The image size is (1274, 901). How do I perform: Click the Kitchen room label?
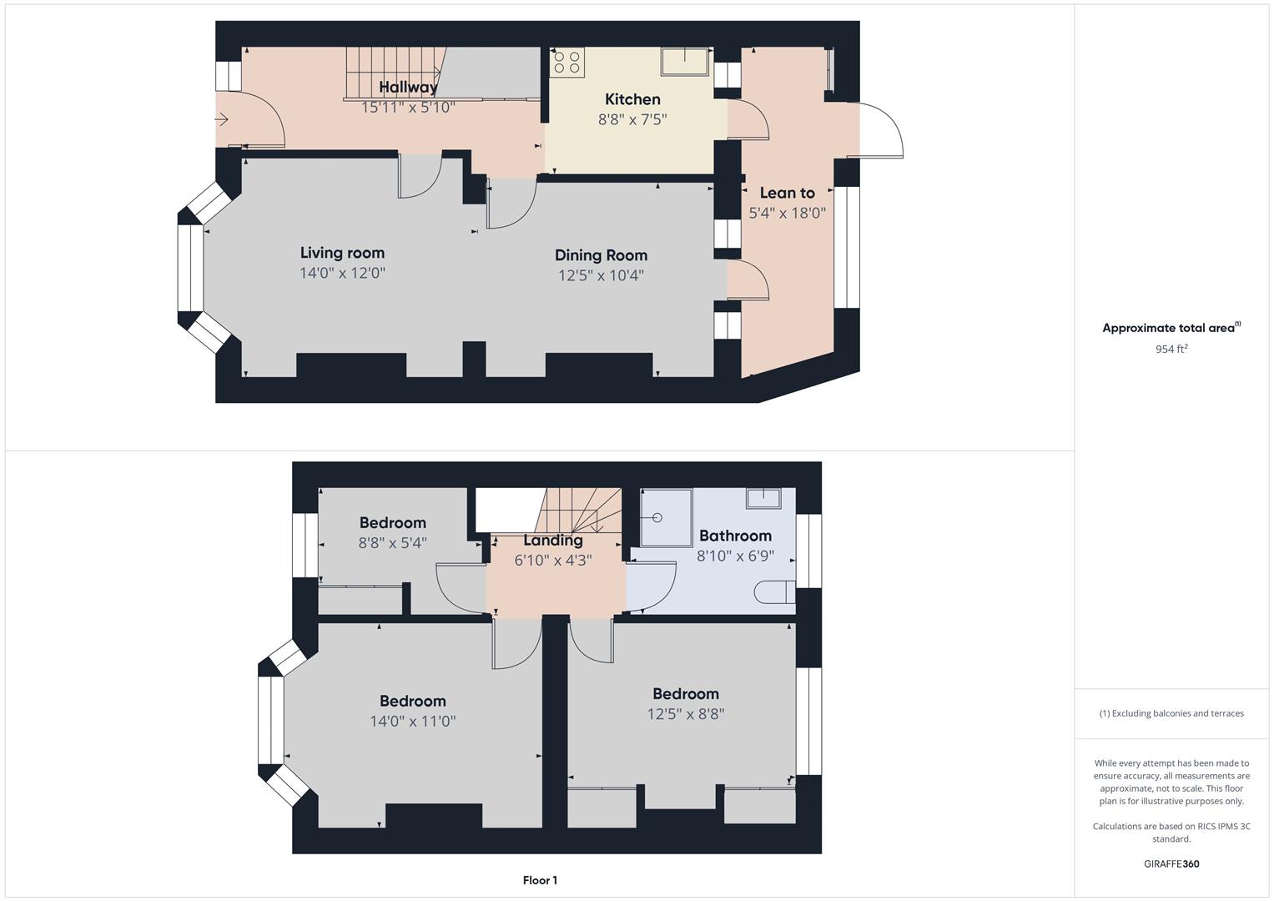[632, 99]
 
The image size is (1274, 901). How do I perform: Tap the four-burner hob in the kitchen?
[567, 63]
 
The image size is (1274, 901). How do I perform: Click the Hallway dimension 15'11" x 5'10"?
[408, 107]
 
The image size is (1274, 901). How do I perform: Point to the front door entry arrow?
[222, 120]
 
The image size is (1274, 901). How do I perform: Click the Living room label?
[342, 253]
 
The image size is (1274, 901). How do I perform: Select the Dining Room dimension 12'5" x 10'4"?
[601, 275]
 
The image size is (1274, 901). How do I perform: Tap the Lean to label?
[787, 193]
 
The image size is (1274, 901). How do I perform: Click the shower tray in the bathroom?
[666, 517]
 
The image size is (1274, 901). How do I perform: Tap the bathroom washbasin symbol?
[763, 499]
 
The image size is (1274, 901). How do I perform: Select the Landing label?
[553, 540]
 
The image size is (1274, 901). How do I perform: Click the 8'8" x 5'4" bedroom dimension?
[392, 542]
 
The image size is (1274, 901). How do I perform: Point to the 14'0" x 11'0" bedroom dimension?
[413, 721]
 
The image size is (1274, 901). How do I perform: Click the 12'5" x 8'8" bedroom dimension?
[686, 714]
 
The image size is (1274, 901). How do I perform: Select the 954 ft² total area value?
[1171, 349]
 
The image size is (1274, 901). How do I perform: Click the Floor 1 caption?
[540, 880]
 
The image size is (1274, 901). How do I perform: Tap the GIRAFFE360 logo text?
[1171, 863]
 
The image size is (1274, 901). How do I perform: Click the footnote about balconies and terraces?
[1171, 713]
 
